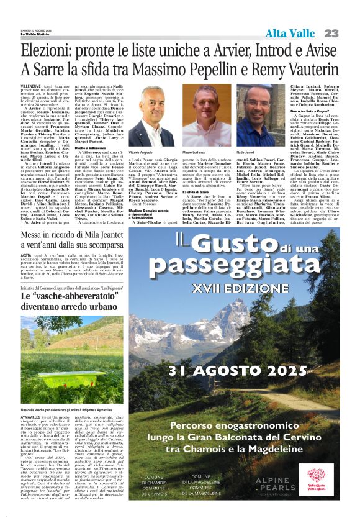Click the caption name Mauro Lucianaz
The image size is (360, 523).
coord(195,152)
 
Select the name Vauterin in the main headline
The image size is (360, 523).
coord(317,69)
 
